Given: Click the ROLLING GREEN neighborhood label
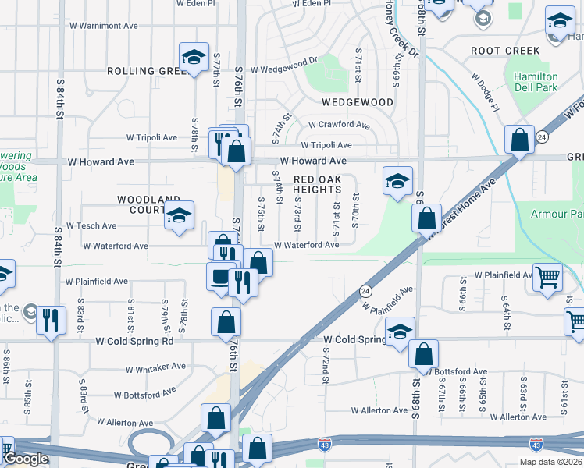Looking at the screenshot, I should click(144, 70).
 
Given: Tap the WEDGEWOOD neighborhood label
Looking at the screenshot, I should click(357, 102).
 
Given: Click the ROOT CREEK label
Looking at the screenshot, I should click(505, 51).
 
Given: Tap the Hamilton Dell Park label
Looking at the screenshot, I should click(536, 83).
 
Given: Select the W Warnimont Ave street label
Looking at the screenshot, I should click(101, 26).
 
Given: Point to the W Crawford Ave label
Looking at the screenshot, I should click(339, 125).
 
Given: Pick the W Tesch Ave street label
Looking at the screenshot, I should click(91, 225).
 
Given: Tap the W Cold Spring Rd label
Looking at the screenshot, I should click(134, 341).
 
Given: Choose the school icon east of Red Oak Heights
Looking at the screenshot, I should click(397, 181).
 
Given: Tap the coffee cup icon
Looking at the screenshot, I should click(221, 277).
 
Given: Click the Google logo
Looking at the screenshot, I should click(26, 459).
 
